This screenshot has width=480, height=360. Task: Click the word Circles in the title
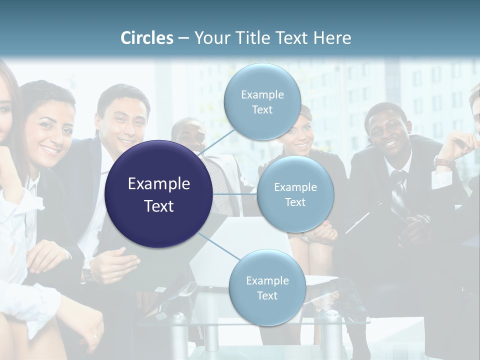(147, 38)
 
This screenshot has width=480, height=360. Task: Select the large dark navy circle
(159, 194)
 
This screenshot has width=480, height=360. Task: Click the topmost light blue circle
(262, 101)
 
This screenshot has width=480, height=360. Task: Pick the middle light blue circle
(295, 194)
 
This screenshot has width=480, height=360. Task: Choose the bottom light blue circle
(267, 287)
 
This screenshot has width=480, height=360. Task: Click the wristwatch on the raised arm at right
(443, 162)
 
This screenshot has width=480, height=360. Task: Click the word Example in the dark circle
(159, 184)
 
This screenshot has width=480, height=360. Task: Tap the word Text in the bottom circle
(267, 295)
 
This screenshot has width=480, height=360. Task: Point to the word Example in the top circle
(262, 94)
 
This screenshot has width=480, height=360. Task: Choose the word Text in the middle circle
(295, 202)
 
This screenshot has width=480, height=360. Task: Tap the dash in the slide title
(183, 38)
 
